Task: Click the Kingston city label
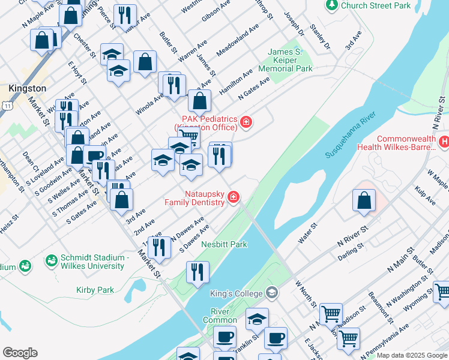28,88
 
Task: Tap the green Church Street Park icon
331,5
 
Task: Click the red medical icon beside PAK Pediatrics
246,123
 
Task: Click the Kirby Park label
95,290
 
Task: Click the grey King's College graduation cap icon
272,293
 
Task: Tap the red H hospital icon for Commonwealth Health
444,142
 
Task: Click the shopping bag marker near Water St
364,200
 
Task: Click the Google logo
20,353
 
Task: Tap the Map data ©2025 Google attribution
412,355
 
